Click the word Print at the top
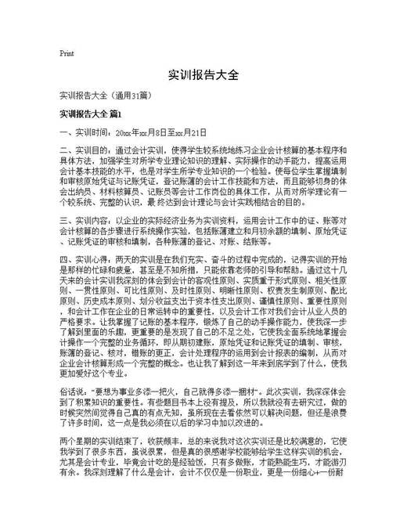[67, 53]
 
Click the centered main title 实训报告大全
[203, 77]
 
